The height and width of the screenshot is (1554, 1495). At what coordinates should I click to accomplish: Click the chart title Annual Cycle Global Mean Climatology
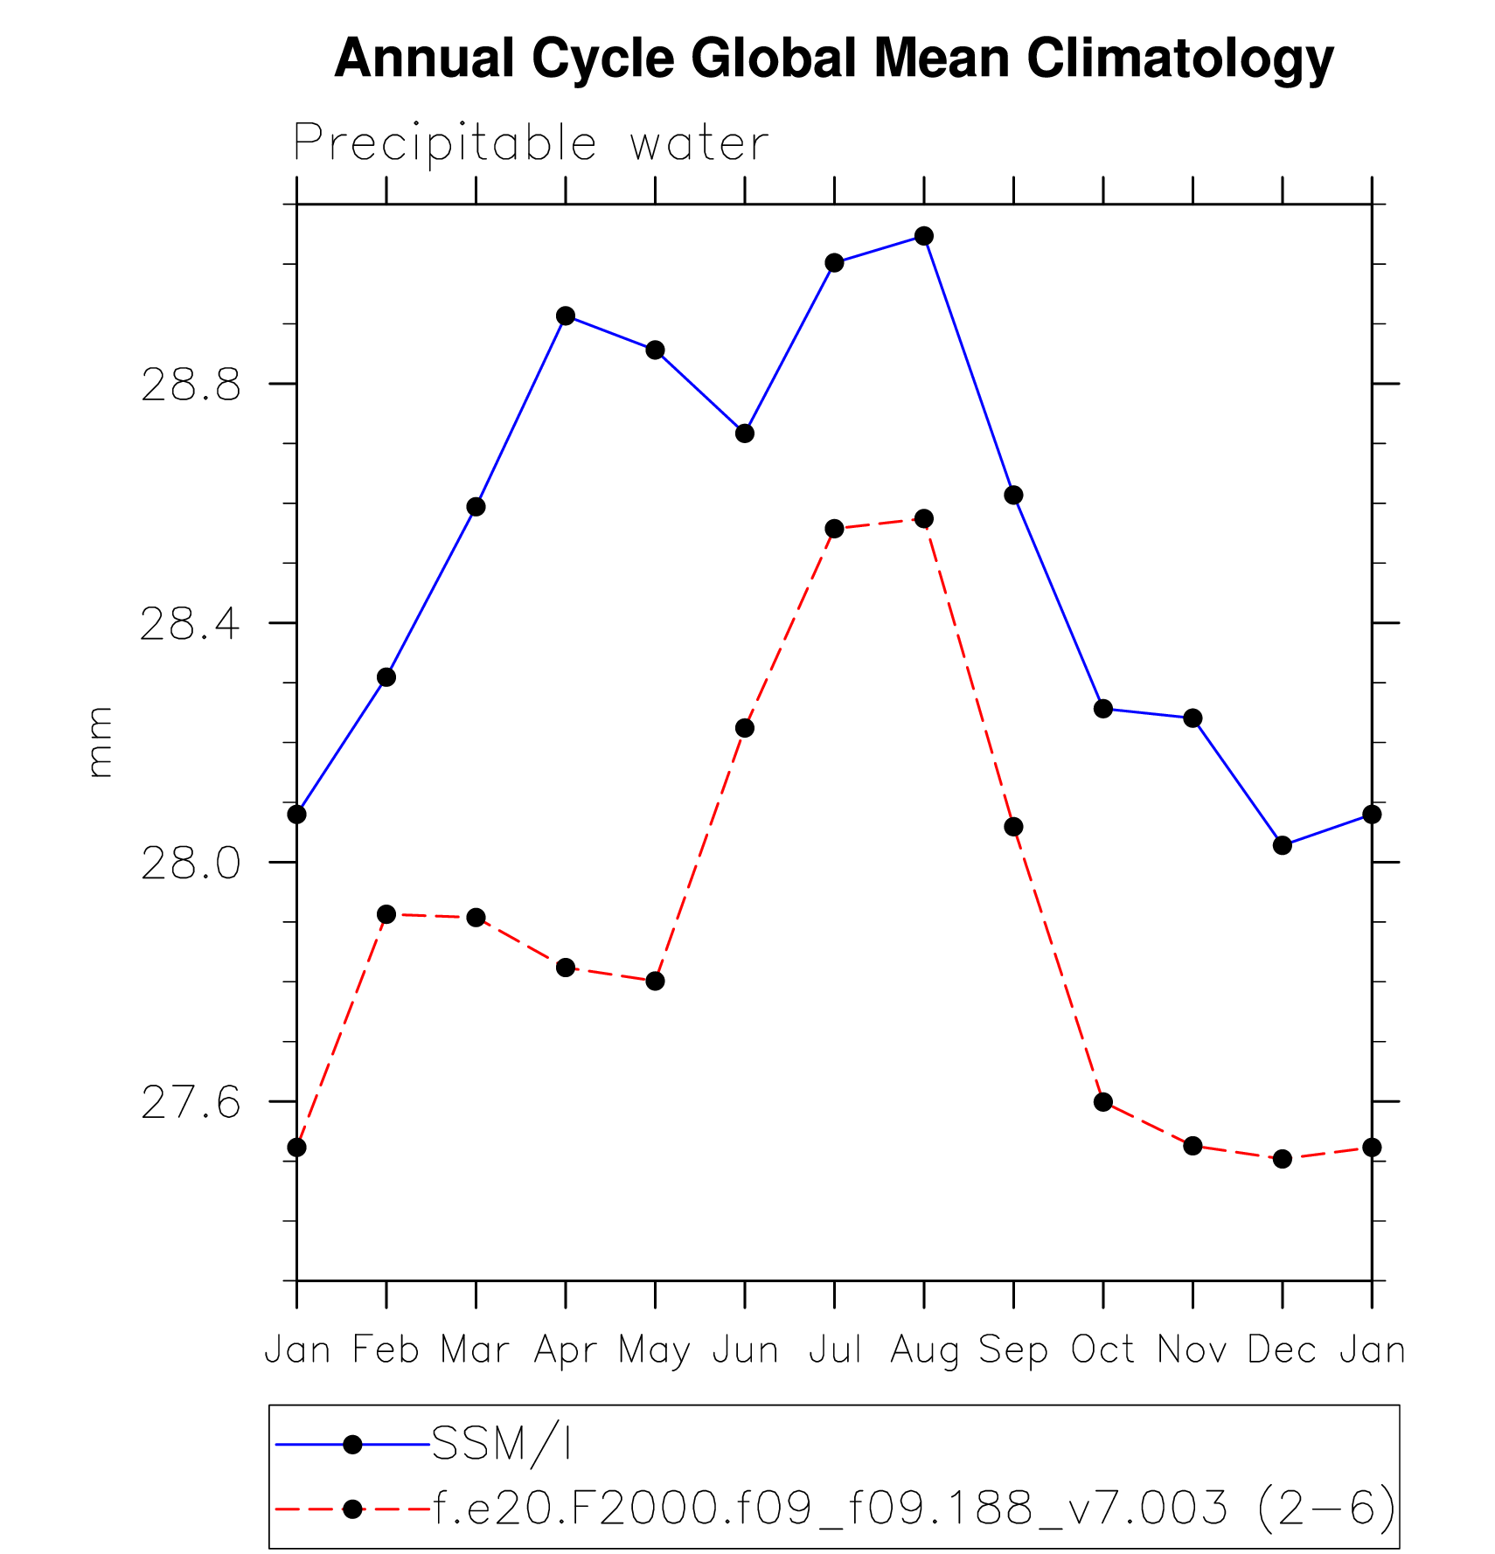coord(833,59)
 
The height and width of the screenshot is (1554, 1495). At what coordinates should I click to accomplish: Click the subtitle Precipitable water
coord(531,143)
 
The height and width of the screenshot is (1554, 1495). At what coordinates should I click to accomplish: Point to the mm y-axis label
coord(101,742)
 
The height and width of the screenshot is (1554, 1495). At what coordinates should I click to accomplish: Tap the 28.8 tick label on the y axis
coord(191,385)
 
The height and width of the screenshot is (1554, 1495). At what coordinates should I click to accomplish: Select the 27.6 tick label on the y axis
coord(191,1103)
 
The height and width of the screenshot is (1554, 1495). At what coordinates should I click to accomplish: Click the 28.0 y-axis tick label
coord(191,864)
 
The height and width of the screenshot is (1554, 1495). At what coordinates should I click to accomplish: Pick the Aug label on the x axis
coord(925,1351)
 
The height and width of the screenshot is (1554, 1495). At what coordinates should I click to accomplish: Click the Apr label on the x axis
coord(566,1351)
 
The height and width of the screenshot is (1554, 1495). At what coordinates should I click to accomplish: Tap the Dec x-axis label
coord(1282,1350)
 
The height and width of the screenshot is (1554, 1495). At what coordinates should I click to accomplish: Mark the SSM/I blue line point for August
coord(924,236)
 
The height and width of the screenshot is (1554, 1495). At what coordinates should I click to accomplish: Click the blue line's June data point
coord(745,433)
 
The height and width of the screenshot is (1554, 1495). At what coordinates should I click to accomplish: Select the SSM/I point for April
coord(566,316)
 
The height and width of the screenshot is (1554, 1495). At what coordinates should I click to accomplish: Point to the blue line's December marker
coord(1283,845)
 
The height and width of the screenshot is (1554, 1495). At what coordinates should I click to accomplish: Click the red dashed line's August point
coord(924,518)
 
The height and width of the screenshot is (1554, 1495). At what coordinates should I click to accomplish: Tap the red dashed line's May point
coord(656,981)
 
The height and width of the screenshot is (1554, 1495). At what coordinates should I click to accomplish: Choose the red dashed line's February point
coord(386,914)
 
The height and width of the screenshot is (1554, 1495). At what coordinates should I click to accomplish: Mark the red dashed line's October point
coord(1103,1102)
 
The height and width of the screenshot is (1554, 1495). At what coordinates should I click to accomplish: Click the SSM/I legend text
coord(502,1445)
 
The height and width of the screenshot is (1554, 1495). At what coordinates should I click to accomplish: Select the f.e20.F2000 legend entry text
coord(914,1509)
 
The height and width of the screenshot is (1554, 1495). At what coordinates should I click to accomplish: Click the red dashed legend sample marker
coord(352,1509)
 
